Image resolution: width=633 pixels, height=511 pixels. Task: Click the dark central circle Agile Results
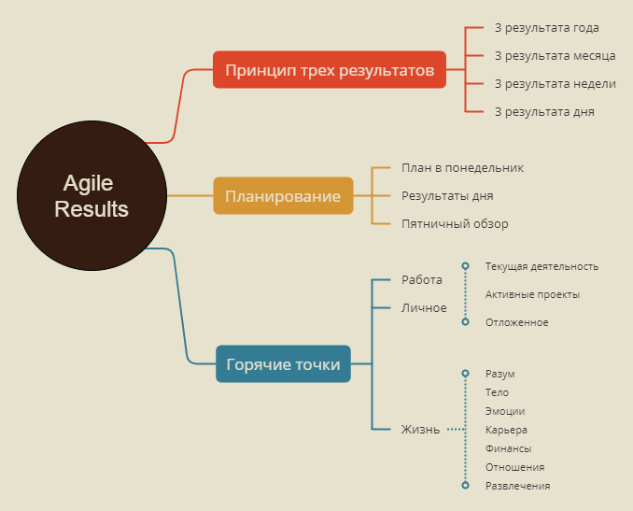[x=91, y=196]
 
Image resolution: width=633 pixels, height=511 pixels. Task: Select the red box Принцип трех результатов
[x=330, y=70]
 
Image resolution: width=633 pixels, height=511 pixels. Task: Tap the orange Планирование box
[x=283, y=196]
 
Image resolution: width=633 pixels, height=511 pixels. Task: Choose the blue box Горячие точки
[x=284, y=364]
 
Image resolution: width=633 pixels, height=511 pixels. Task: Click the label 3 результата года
[x=546, y=28]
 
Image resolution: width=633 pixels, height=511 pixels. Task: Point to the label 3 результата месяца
[x=554, y=56]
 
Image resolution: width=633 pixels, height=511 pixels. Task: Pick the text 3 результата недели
[x=555, y=84]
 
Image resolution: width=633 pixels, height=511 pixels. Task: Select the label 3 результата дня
[x=544, y=112]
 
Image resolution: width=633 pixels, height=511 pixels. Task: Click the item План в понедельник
[x=462, y=168]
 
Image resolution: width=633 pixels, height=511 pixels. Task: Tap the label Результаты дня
[x=447, y=196]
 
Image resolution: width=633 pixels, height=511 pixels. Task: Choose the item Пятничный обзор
[x=455, y=224]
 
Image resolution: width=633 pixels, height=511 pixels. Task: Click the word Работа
[x=422, y=279]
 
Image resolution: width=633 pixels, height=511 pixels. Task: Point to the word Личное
[x=424, y=307]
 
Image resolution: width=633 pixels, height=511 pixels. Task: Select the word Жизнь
[x=420, y=430]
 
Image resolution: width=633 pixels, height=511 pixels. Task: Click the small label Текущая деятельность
[x=542, y=266]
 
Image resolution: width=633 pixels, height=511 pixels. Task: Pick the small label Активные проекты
[x=532, y=294]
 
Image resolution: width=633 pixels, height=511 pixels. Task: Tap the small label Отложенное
[x=516, y=322]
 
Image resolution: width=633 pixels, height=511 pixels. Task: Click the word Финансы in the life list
[x=508, y=448]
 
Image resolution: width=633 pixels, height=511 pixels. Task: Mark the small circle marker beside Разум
[x=465, y=374]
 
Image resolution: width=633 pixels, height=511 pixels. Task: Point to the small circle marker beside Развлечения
[x=465, y=486]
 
